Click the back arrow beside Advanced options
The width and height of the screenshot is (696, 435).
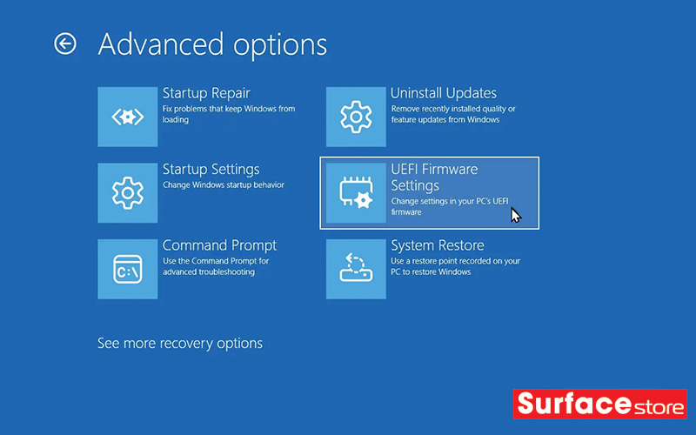point(65,43)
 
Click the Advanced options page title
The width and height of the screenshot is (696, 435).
point(212,45)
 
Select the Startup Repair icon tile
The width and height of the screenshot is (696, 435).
point(128,117)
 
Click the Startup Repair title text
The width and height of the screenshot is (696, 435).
point(206,93)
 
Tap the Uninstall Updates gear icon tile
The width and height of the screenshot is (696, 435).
point(356,117)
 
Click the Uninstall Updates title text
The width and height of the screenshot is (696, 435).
point(444,93)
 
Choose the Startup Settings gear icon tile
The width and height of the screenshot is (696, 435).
point(128,193)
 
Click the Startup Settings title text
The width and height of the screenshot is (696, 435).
point(211,169)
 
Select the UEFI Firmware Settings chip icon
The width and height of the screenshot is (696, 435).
point(356,193)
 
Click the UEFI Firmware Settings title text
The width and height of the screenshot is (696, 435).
point(434,177)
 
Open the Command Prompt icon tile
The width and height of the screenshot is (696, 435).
point(128,269)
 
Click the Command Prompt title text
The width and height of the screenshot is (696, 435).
point(219,245)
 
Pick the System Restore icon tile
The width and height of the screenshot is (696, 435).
point(356,269)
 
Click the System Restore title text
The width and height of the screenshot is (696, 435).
point(438,245)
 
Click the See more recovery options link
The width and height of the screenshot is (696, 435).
point(180,343)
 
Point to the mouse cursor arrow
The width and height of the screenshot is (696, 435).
point(515,215)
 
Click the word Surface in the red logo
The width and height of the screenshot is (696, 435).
point(574,404)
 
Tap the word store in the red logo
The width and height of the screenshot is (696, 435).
point(659,407)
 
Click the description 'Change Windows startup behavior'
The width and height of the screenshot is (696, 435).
point(224,184)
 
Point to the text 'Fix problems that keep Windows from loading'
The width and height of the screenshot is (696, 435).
point(229,114)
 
